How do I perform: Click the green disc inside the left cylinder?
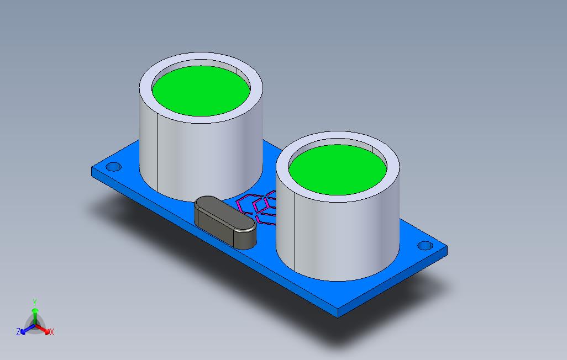point(201,91)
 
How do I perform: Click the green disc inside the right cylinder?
point(338,170)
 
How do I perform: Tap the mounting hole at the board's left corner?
point(113,167)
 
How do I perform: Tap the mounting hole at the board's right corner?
point(426,246)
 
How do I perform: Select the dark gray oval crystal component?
point(225,223)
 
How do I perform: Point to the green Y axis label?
point(35,302)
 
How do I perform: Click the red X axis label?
point(52,332)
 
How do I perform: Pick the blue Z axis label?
point(18,331)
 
